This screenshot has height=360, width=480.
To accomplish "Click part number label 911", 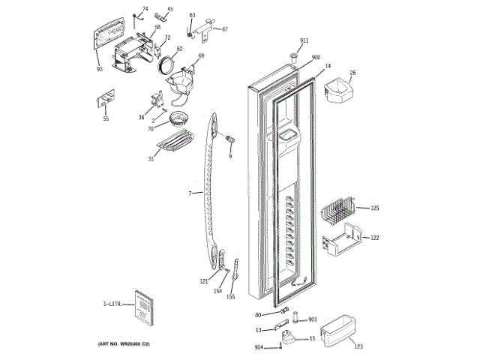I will [x=304, y=40].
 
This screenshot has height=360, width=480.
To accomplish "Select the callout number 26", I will [x=352, y=73].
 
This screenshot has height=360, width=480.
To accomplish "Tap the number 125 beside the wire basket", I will [x=375, y=208].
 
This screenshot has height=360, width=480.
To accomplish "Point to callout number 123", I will [x=358, y=347].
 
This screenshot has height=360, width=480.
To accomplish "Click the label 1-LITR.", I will [x=112, y=304].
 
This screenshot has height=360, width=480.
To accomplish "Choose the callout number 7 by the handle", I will [x=190, y=194].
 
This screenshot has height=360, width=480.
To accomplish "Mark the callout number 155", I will [x=230, y=297].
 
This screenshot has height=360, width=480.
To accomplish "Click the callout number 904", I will [x=259, y=347].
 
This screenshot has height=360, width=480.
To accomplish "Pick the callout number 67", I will [x=224, y=29].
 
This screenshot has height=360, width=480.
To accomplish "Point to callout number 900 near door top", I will [x=316, y=58].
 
